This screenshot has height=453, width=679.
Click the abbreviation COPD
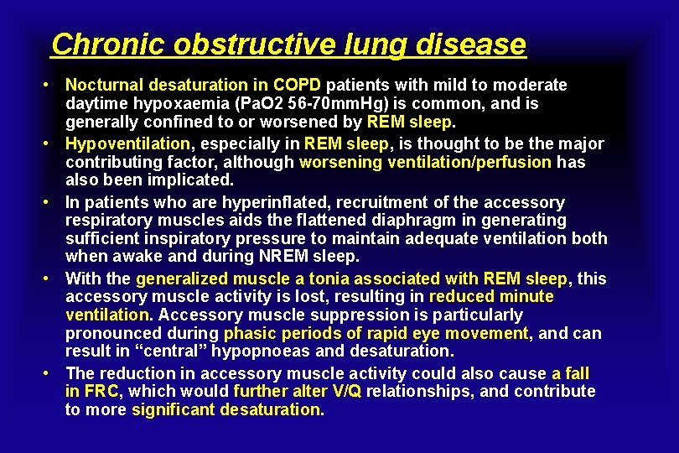298,85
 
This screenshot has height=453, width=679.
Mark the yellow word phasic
244,333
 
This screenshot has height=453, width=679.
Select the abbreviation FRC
101,392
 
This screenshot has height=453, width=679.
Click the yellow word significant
171,410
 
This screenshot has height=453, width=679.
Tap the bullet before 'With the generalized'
51,278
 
